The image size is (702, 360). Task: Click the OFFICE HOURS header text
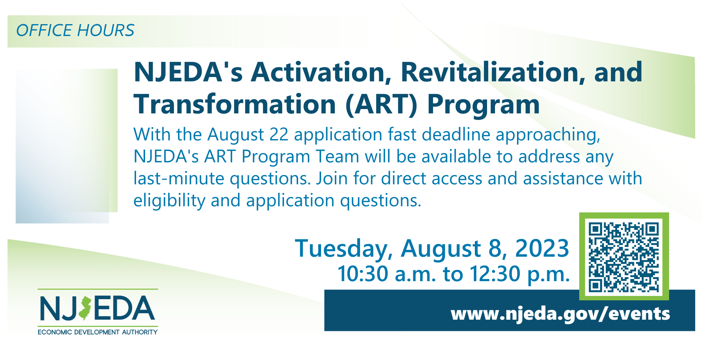pyautogui.click(x=75, y=30)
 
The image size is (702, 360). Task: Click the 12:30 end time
pyautogui.click(x=495, y=274)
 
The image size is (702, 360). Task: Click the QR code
pyautogui.click(x=624, y=257)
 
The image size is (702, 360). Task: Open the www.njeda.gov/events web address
pyautogui.click(x=560, y=314)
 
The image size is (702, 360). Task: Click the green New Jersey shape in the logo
pyautogui.click(x=85, y=309)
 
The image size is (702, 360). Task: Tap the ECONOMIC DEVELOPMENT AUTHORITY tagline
pyautogui.click(x=98, y=332)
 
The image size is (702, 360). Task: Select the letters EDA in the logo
pyautogui.click(x=124, y=308)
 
